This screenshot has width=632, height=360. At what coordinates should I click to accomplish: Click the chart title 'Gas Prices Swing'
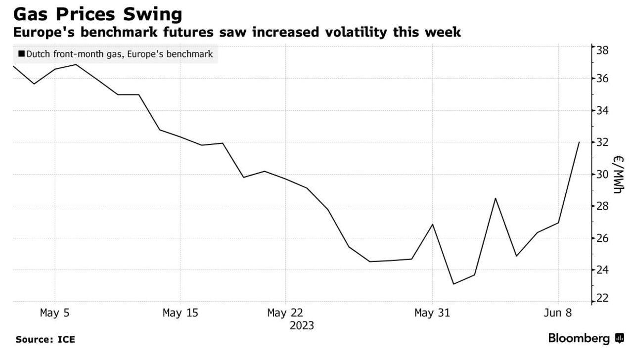coord(97,14)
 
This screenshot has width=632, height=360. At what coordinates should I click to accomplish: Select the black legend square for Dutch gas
coord(21,54)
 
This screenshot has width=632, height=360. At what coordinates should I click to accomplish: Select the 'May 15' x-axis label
coord(181,313)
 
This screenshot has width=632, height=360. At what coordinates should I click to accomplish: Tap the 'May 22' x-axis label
coord(285,313)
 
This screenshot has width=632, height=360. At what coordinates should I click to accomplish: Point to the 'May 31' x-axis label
coord(432,313)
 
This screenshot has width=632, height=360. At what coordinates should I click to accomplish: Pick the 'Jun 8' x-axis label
coord(558,313)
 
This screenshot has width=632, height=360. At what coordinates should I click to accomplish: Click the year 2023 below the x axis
coord(302,326)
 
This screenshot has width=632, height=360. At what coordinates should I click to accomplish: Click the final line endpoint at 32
coord(579,142)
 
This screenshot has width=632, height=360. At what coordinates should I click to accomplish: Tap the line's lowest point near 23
coord(453,284)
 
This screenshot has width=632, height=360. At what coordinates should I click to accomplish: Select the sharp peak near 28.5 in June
coord(496,198)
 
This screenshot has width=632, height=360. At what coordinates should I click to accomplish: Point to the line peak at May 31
coord(433,225)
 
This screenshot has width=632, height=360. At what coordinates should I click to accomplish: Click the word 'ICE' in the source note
coord(66,340)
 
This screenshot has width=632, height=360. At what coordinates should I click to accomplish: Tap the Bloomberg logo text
coord(579,339)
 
